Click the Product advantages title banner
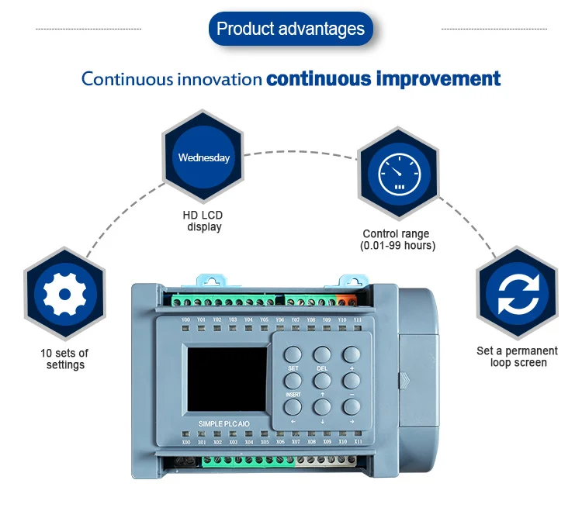click(290, 29)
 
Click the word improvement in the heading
click(438, 78)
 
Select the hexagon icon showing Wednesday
click(203, 157)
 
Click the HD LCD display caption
click(203, 221)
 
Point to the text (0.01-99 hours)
click(397, 246)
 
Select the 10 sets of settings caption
click(64, 359)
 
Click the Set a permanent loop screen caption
click(517, 357)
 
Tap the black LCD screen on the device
click(228, 378)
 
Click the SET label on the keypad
click(293, 368)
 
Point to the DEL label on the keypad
click(322, 368)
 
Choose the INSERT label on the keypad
click(293, 395)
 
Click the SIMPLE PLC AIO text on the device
click(223, 423)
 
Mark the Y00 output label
click(185, 319)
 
